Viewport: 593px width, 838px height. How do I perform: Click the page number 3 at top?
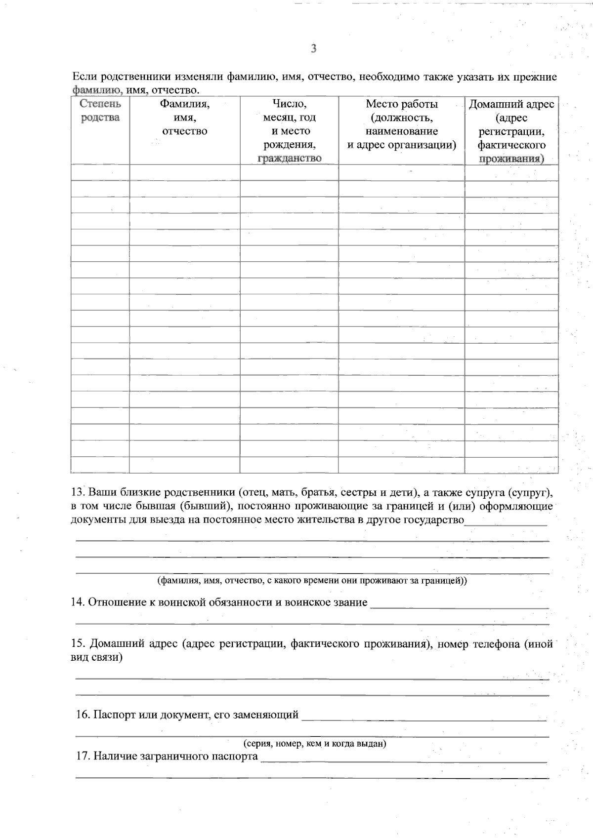pyautogui.click(x=313, y=48)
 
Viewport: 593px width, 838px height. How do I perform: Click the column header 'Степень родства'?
pyautogui.click(x=100, y=111)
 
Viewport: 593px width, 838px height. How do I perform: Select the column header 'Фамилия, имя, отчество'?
pyautogui.click(x=184, y=118)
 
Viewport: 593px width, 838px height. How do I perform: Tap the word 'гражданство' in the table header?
pyautogui.click(x=290, y=158)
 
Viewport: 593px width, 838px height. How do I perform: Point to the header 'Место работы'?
pyautogui.click(x=401, y=104)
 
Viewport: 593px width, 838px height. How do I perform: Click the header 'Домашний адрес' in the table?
pyautogui.click(x=511, y=104)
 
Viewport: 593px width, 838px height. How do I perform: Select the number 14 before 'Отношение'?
pyautogui.click(x=78, y=602)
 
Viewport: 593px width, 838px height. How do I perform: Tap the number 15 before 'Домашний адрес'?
pyautogui.click(x=78, y=644)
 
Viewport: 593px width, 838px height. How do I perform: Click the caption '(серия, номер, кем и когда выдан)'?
pyautogui.click(x=315, y=744)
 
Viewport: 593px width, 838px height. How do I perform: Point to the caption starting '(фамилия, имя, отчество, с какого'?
pyautogui.click(x=312, y=581)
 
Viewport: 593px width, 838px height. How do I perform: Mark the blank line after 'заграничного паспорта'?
pyautogui.click(x=403, y=760)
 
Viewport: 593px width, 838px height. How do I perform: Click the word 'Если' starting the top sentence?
pyautogui.click(x=83, y=77)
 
